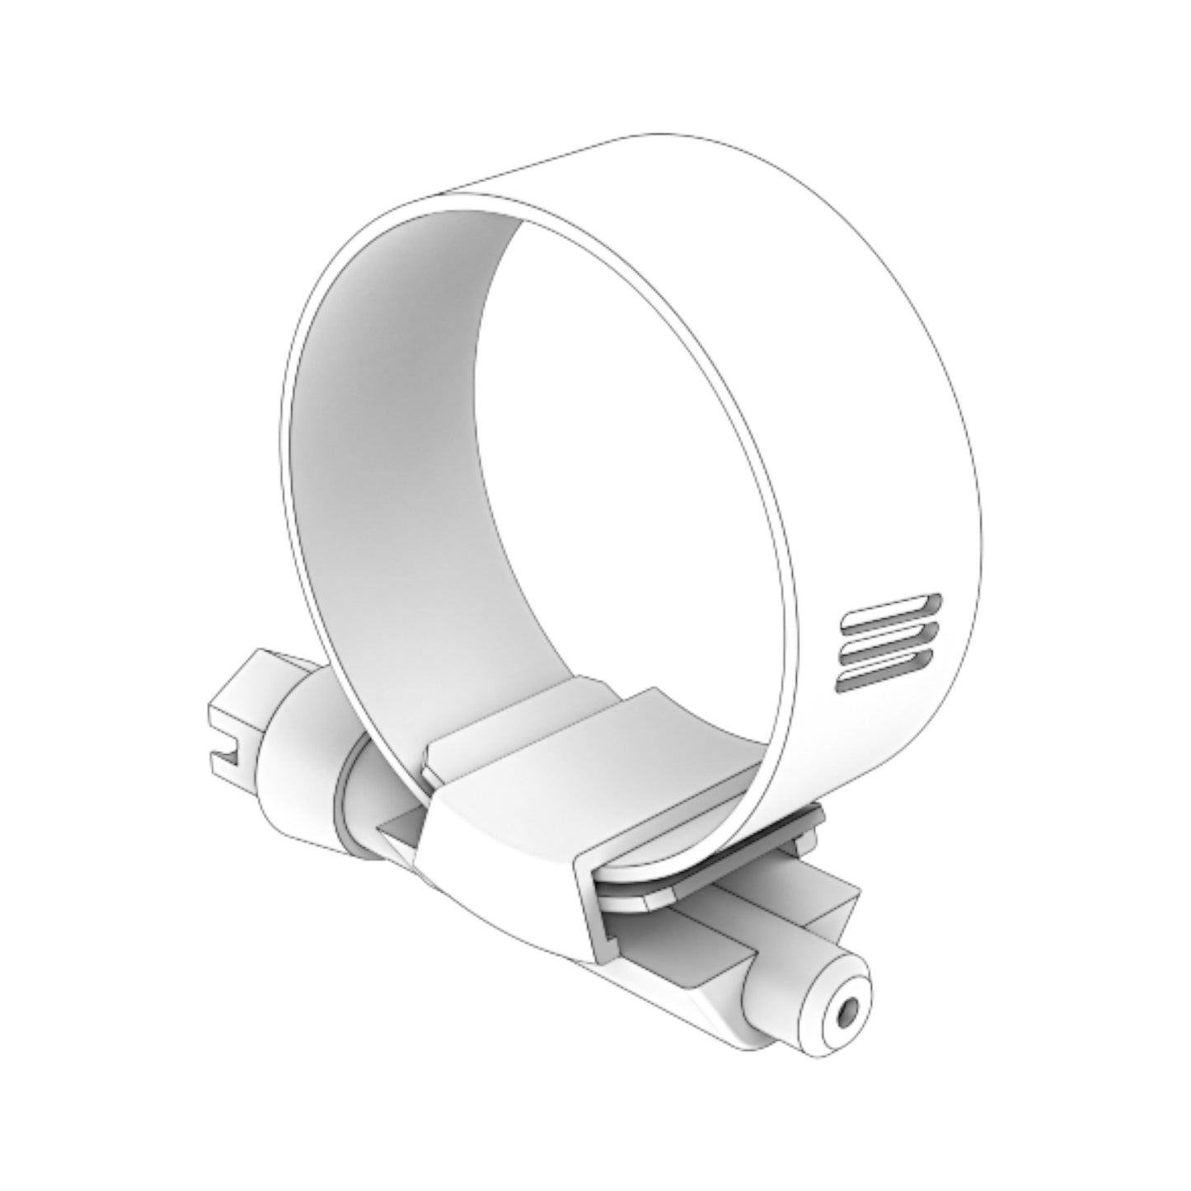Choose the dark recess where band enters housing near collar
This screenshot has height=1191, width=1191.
404,832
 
